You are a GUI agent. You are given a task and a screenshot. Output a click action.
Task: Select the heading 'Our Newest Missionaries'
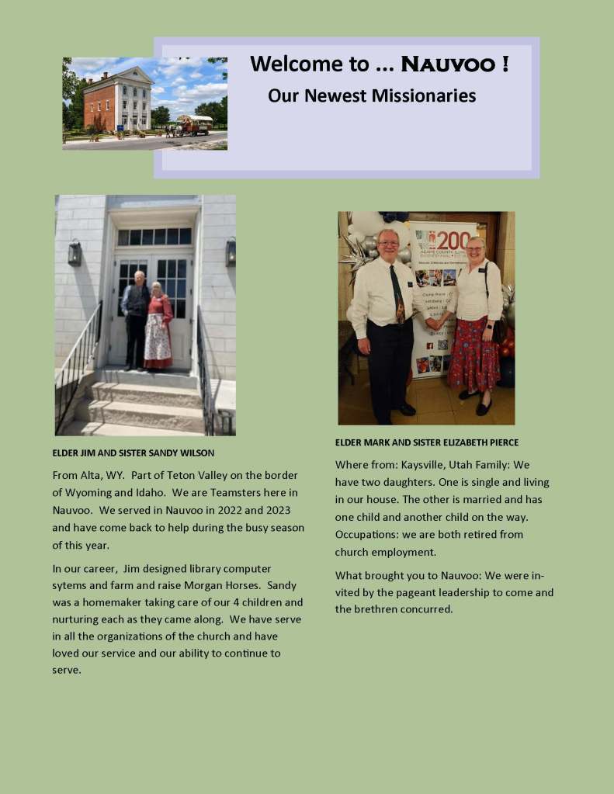(372, 96)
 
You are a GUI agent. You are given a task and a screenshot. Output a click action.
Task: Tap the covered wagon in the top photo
(194, 124)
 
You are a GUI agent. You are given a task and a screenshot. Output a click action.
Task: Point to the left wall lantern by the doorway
(75, 253)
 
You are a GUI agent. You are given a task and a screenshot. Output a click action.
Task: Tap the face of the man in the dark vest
(139, 278)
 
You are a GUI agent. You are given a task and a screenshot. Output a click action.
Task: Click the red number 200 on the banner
(453, 240)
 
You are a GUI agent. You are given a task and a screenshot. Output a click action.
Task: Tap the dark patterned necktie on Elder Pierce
(397, 295)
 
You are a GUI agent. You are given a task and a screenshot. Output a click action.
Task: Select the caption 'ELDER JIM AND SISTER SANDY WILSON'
(134, 452)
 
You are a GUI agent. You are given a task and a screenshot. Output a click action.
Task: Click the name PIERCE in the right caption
(501, 442)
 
